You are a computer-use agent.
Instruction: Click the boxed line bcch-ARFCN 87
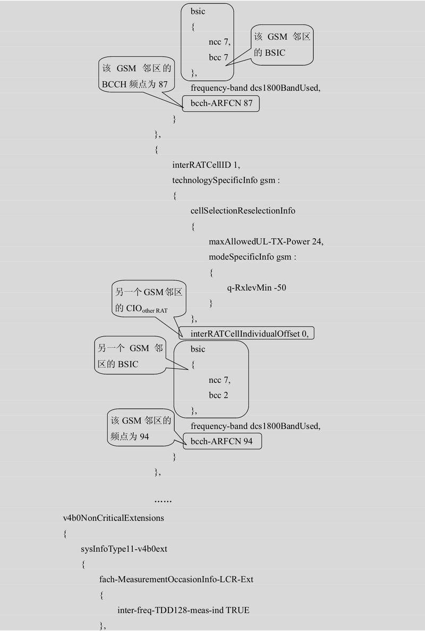point(221,104)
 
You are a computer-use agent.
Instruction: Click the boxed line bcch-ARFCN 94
point(222,441)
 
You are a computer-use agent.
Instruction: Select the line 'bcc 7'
point(218,57)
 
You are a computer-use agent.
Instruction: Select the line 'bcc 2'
point(218,395)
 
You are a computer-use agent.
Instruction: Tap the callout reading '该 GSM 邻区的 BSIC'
point(282,45)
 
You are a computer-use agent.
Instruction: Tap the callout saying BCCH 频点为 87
point(137,75)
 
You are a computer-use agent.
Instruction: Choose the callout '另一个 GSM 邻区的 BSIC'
point(130,356)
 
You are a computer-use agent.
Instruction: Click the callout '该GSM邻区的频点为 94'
point(141,428)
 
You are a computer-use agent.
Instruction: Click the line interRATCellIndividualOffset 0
point(249,334)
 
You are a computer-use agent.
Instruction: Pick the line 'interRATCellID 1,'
point(206,165)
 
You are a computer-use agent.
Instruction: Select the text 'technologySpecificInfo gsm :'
point(226,180)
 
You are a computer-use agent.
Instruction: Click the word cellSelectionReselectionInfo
point(243,211)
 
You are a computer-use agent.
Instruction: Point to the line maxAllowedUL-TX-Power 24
point(266,241)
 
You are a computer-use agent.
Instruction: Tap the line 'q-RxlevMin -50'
point(257,288)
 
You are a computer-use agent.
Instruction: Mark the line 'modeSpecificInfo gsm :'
point(252,257)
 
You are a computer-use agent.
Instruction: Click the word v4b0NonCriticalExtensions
point(113,518)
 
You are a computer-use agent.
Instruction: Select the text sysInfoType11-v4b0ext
point(124,549)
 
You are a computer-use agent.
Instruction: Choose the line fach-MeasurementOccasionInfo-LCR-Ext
point(176,579)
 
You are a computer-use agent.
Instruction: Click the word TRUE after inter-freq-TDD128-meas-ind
point(237,610)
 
